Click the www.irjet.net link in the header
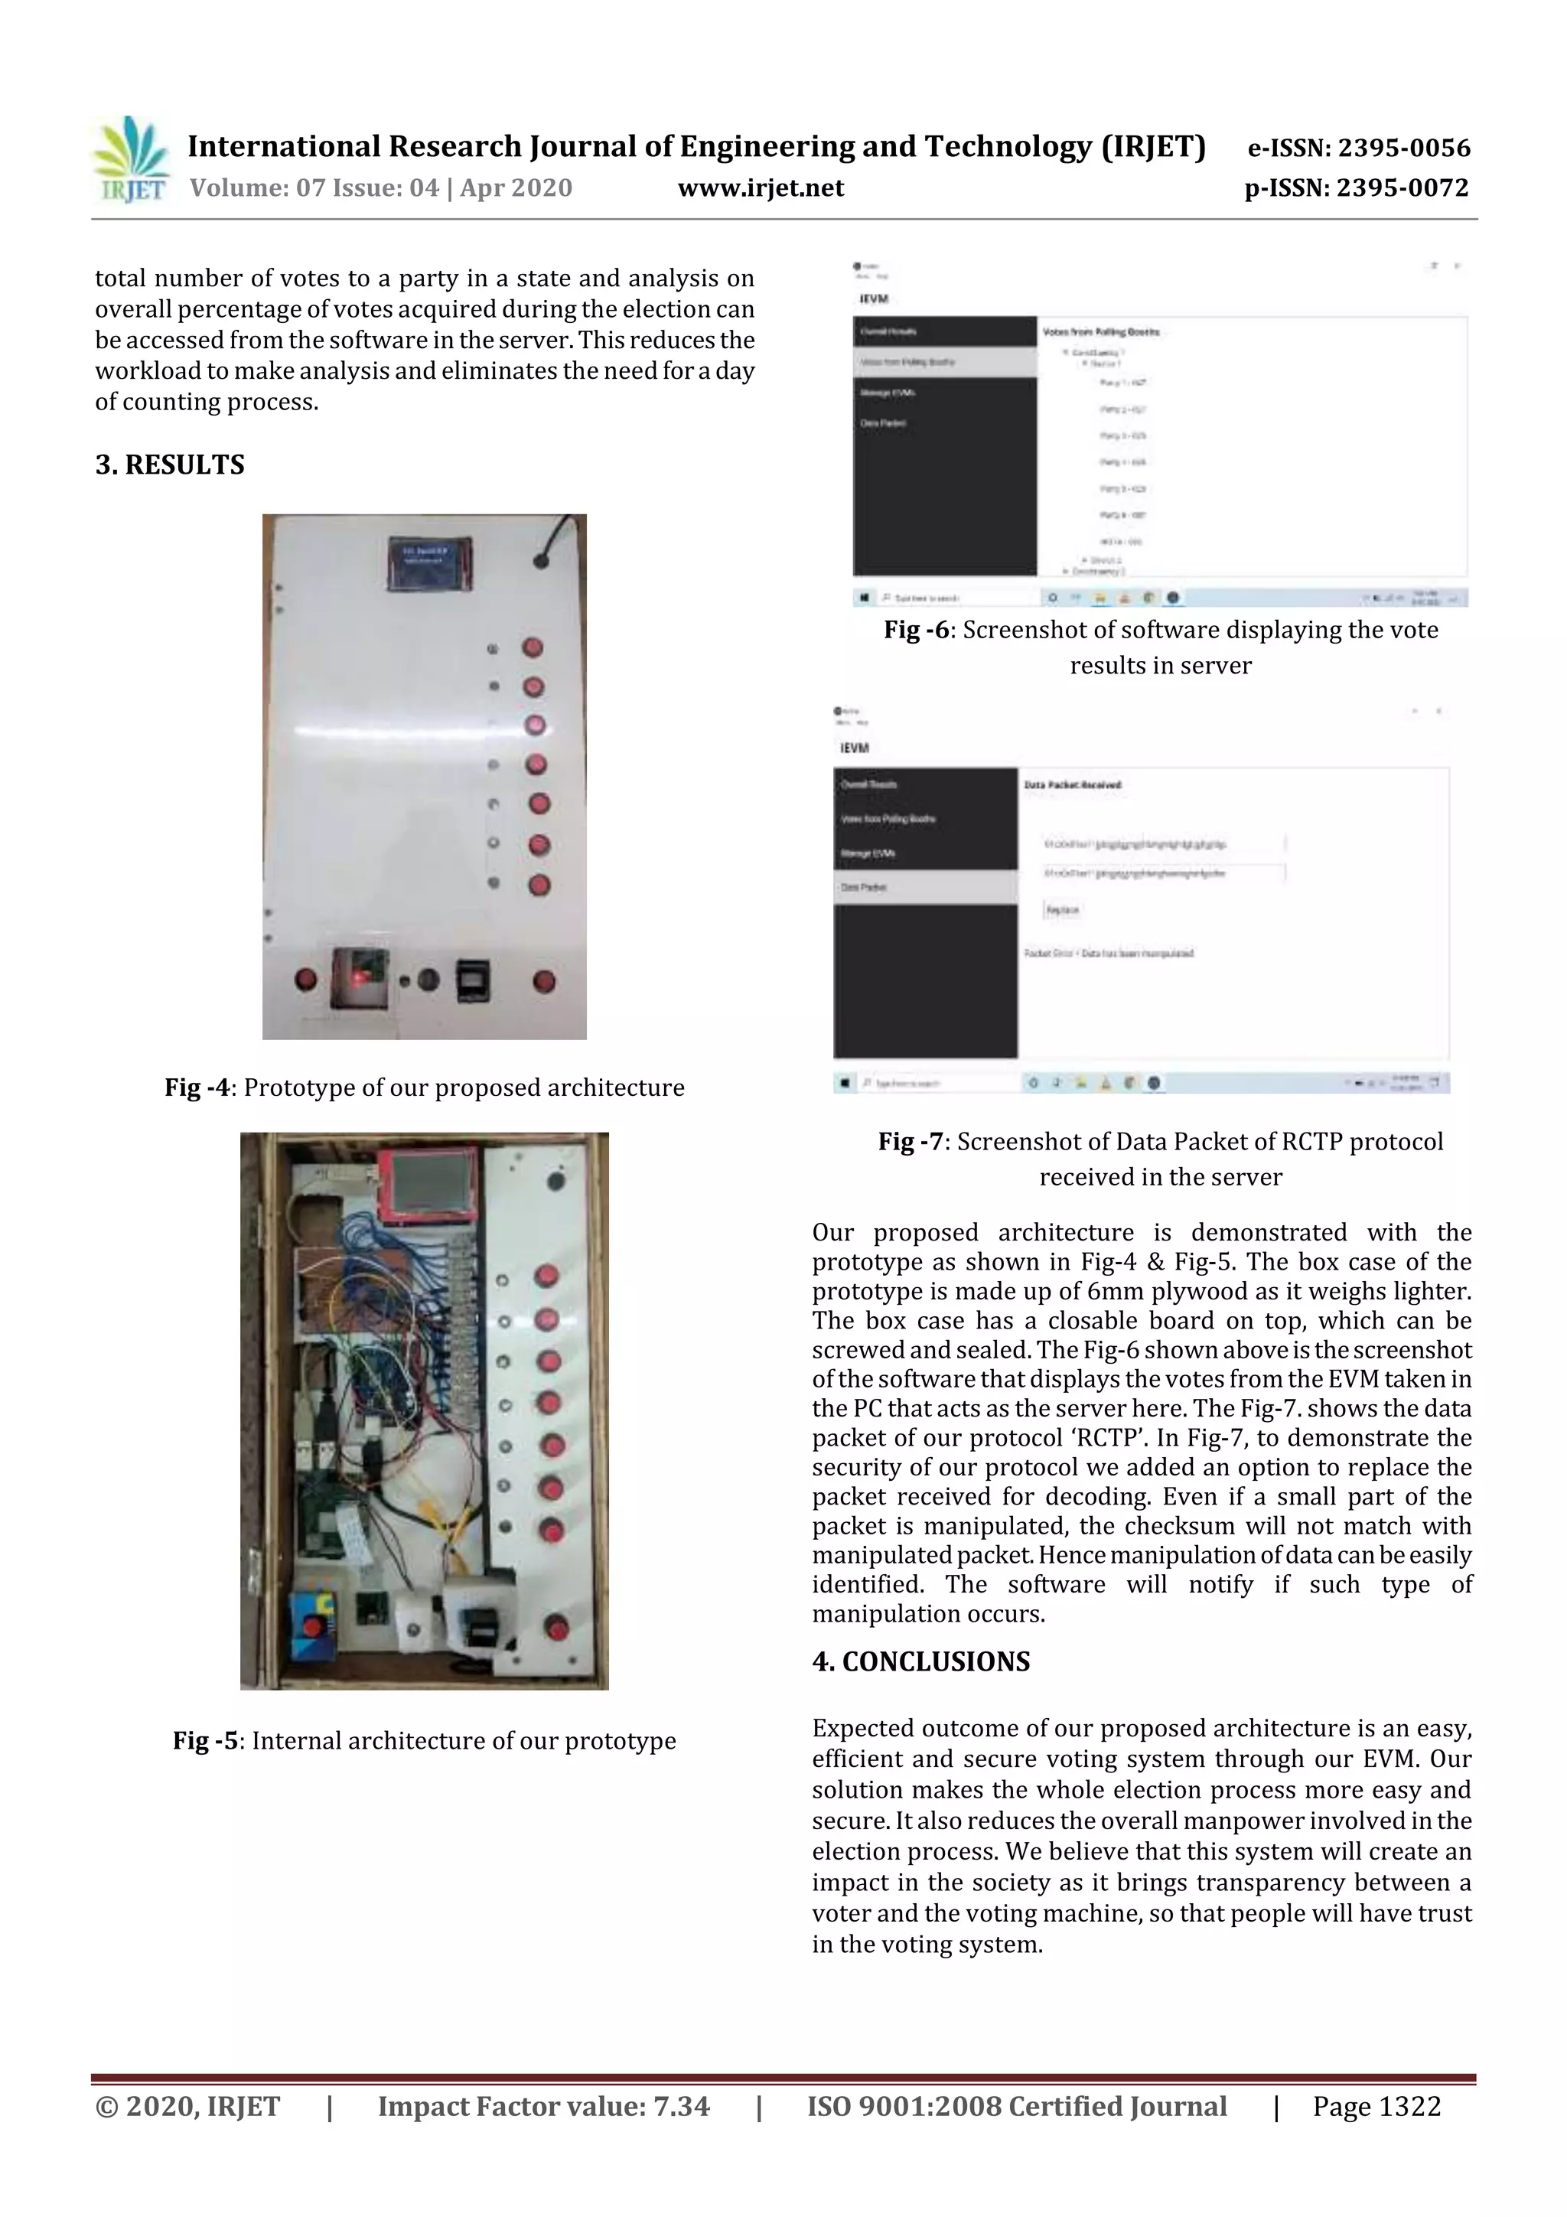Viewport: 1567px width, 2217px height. pos(761,187)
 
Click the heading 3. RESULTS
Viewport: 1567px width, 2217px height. pos(170,465)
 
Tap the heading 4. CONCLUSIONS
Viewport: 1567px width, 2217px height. pos(921,1661)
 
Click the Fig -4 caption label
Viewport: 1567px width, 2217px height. pos(197,1087)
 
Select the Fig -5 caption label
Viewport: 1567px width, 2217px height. pos(206,1740)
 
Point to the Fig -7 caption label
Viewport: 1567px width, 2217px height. pos(911,1141)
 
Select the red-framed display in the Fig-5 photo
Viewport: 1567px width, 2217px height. pos(425,1185)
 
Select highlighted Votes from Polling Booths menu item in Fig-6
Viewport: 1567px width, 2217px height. pos(944,361)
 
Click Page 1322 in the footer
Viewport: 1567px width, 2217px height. pos(1376,2106)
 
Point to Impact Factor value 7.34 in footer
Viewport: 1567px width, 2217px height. pos(542,2106)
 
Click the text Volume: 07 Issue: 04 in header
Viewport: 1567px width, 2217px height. pos(314,187)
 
